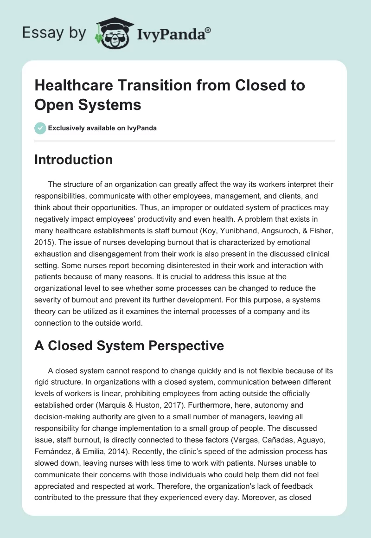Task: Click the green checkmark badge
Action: (40, 128)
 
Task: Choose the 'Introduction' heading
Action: (73, 160)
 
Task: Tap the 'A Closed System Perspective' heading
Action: (129, 345)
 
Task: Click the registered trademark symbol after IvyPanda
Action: (209, 29)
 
